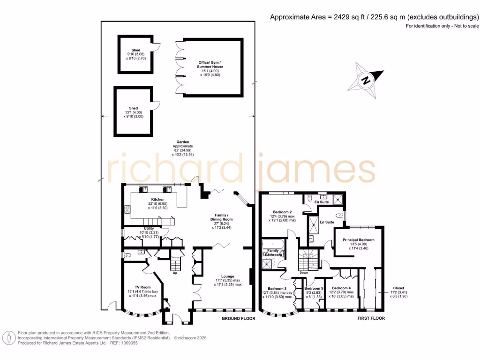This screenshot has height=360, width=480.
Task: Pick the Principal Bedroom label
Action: coord(358,240)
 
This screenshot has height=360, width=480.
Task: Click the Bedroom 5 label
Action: coord(314,288)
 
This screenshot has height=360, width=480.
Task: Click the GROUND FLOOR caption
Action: coord(238,318)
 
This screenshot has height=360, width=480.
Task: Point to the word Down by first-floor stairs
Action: coord(304,272)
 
